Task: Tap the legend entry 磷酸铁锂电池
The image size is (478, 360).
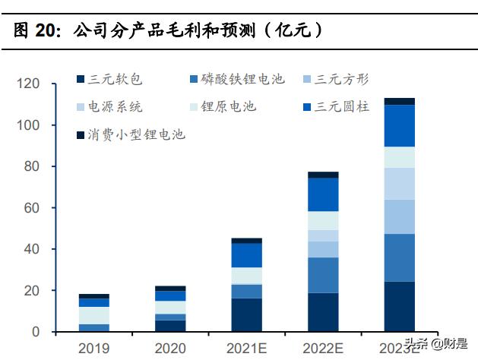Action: point(236,79)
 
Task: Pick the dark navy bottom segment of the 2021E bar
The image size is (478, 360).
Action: point(246,315)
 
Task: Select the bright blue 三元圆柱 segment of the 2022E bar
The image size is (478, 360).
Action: point(323,194)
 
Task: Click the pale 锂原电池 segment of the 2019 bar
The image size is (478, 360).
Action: point(94,315)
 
